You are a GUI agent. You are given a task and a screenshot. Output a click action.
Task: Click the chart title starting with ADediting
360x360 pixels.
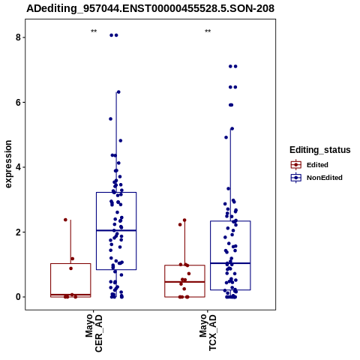pyautogui.click(x=150, y=8)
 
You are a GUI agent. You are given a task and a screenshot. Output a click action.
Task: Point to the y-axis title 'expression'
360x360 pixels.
pyautogui.click(x=8, y=164)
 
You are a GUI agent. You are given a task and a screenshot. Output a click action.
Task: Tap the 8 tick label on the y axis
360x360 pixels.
pyautogui.click(x=18, y=37)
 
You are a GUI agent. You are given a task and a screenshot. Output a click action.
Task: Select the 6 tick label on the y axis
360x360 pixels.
pyautogui.click(x=18, y=103)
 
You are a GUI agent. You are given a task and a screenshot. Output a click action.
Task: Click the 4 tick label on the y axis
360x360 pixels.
pyautogui.click(x=18, y=167)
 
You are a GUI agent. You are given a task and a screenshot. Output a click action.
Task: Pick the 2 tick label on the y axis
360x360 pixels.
pyautogui.click(x=18, y=232)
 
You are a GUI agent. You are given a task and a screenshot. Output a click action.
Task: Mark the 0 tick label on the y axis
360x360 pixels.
pyautogui.click(x=18, y=297)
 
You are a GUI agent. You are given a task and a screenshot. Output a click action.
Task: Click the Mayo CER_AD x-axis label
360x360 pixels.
pyautogui.click(x=94, y=334)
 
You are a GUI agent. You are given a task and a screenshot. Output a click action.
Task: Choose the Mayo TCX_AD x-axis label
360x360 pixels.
pyautogui.click(x=208, y=333)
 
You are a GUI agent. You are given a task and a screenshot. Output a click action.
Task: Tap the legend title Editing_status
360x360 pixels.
pyautogui.click(x=320, y=150)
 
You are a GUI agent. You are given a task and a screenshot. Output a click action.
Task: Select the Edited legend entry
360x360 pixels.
pyautogui.click(x=310, y=165)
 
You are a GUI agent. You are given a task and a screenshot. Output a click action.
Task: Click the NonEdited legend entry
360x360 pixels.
pyautogui.click(x=316, y=178)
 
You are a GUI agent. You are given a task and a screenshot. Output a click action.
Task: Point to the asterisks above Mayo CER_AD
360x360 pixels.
pyautogui.click(x=94, y=31)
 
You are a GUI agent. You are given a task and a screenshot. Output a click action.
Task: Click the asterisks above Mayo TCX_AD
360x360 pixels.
pyautogui.click(x=208, y=31)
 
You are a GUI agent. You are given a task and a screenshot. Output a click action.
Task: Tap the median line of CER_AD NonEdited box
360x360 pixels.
pyautogui.click(x=116, y=230)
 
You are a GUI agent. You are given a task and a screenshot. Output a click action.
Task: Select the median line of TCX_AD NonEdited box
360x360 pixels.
pyautogui.click(x=230, y=263)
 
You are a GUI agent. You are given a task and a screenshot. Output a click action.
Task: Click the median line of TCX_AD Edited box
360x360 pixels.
pyautogui.click(x=184, y=282)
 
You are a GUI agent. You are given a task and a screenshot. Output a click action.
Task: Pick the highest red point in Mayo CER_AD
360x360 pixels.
pyautogui.click(x=65, y=220)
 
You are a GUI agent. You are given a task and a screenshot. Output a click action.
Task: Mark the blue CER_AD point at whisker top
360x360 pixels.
pyautogui.click(x=118, y=92)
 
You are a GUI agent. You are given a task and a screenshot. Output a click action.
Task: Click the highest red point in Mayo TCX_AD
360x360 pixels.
pyautogui.click(x=184, y=220)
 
